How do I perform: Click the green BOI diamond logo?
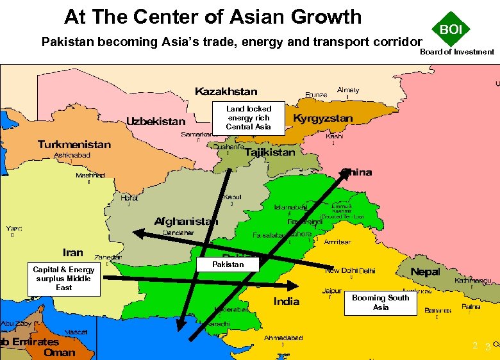point(451,29)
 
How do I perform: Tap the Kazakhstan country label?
point(226,92)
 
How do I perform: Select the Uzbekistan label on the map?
point(156,121)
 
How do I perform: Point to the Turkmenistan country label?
point(74,145)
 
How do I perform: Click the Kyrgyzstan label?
point(322,119)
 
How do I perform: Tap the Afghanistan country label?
point(186,222)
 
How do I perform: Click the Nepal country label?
point(425,272)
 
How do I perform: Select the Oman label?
point(59,352)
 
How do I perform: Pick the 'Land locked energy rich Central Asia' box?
point(249,118)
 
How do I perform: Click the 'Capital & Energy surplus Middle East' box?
point(63,279)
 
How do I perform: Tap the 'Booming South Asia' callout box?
point(381,302)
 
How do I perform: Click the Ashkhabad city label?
point(72,155)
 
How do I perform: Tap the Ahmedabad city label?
point(283,338)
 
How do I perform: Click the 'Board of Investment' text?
point(457,52)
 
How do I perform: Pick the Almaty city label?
point(348,90)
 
